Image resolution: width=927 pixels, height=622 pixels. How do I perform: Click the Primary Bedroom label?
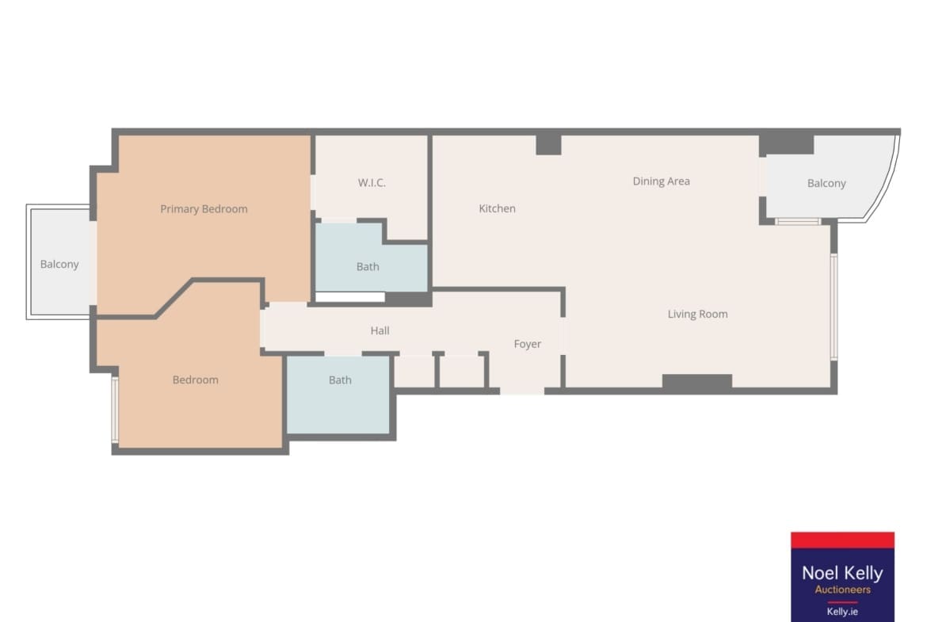[204, 208]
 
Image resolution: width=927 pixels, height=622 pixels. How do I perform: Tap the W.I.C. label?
[372, 183]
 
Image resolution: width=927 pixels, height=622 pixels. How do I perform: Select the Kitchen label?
[498, 208]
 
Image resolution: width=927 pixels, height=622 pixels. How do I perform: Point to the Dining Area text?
[661, 181]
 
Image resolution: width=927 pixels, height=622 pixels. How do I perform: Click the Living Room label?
[697, 314]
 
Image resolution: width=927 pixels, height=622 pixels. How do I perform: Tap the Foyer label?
[528, 344]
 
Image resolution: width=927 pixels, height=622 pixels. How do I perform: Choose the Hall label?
[380, 330]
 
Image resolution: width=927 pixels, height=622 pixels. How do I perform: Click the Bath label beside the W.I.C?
[368, 267]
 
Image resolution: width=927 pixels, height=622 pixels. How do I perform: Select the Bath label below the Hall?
[340, 380]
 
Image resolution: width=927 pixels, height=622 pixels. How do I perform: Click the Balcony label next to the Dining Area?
[826, 183]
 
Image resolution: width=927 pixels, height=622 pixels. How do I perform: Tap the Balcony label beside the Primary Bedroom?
[59, 264]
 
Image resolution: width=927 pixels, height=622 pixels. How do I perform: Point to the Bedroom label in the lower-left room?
[195, 380]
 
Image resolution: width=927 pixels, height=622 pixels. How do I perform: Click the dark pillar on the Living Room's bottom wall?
[697, 382]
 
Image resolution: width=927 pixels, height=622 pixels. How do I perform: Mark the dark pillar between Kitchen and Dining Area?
[548, 144]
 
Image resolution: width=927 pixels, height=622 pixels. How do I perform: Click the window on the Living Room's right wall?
[834, 307]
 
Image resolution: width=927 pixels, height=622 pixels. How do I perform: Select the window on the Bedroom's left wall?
[116, 410]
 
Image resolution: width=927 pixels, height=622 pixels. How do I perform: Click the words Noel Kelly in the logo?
[842, 572]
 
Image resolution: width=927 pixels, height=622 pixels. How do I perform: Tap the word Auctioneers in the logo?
[842, 590]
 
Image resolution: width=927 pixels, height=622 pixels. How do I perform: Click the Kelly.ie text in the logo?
[842, 612]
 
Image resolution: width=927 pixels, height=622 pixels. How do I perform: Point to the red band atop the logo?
[842, 540]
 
